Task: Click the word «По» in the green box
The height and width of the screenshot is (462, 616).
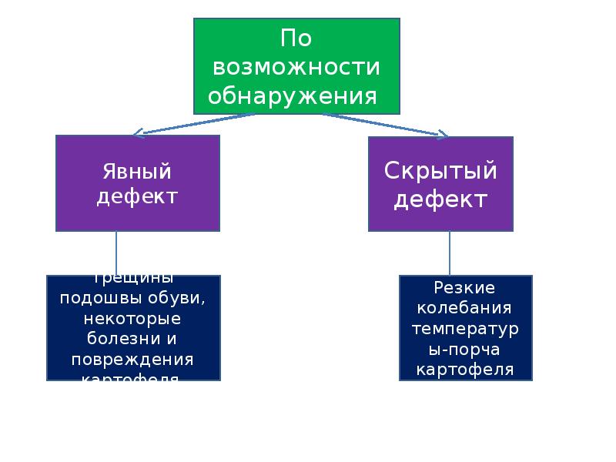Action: coord(296,38)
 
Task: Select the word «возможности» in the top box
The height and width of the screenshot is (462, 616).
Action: coord(296,68)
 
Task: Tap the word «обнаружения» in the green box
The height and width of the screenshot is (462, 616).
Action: coord(293,97)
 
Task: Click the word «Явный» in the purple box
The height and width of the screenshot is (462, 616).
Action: coord(137,171)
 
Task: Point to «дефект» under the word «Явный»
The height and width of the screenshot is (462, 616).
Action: coord(137,196)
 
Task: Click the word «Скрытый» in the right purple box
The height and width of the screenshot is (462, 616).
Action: coord(440,171)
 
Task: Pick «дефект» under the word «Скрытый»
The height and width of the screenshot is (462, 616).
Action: coord(440,199)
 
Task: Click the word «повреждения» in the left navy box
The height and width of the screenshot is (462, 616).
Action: coord(132,360)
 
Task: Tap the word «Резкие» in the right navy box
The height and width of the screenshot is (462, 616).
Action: coord(464,287)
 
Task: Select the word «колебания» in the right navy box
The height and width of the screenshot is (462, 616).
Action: coord(464,308)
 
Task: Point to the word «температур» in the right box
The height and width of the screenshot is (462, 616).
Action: coord(464,329)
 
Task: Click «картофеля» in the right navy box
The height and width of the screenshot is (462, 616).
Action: coord(464,370)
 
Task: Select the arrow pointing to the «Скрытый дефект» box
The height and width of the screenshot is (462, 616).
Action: coord(385,126)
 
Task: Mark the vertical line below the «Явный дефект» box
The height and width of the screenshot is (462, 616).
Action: coord(117,253)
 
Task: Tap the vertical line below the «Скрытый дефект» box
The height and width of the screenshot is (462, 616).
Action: coord(450,253)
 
